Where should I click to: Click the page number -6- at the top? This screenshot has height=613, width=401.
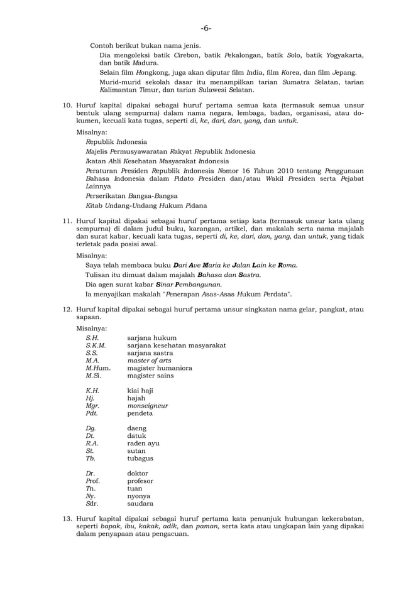[x=206, y=28]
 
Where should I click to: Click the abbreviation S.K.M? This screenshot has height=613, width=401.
[x=96, y=345]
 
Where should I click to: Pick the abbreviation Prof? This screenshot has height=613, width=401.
[x=93, y=480]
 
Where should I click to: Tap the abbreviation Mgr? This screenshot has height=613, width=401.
[x=92, y=406]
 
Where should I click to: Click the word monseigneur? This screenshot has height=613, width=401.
[x=148, y=406]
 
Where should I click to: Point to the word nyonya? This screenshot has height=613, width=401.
[x=141, y=496]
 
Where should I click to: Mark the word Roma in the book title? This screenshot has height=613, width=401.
[x=287, y=265]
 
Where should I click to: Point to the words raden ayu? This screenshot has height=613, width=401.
[x=143, y=443]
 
